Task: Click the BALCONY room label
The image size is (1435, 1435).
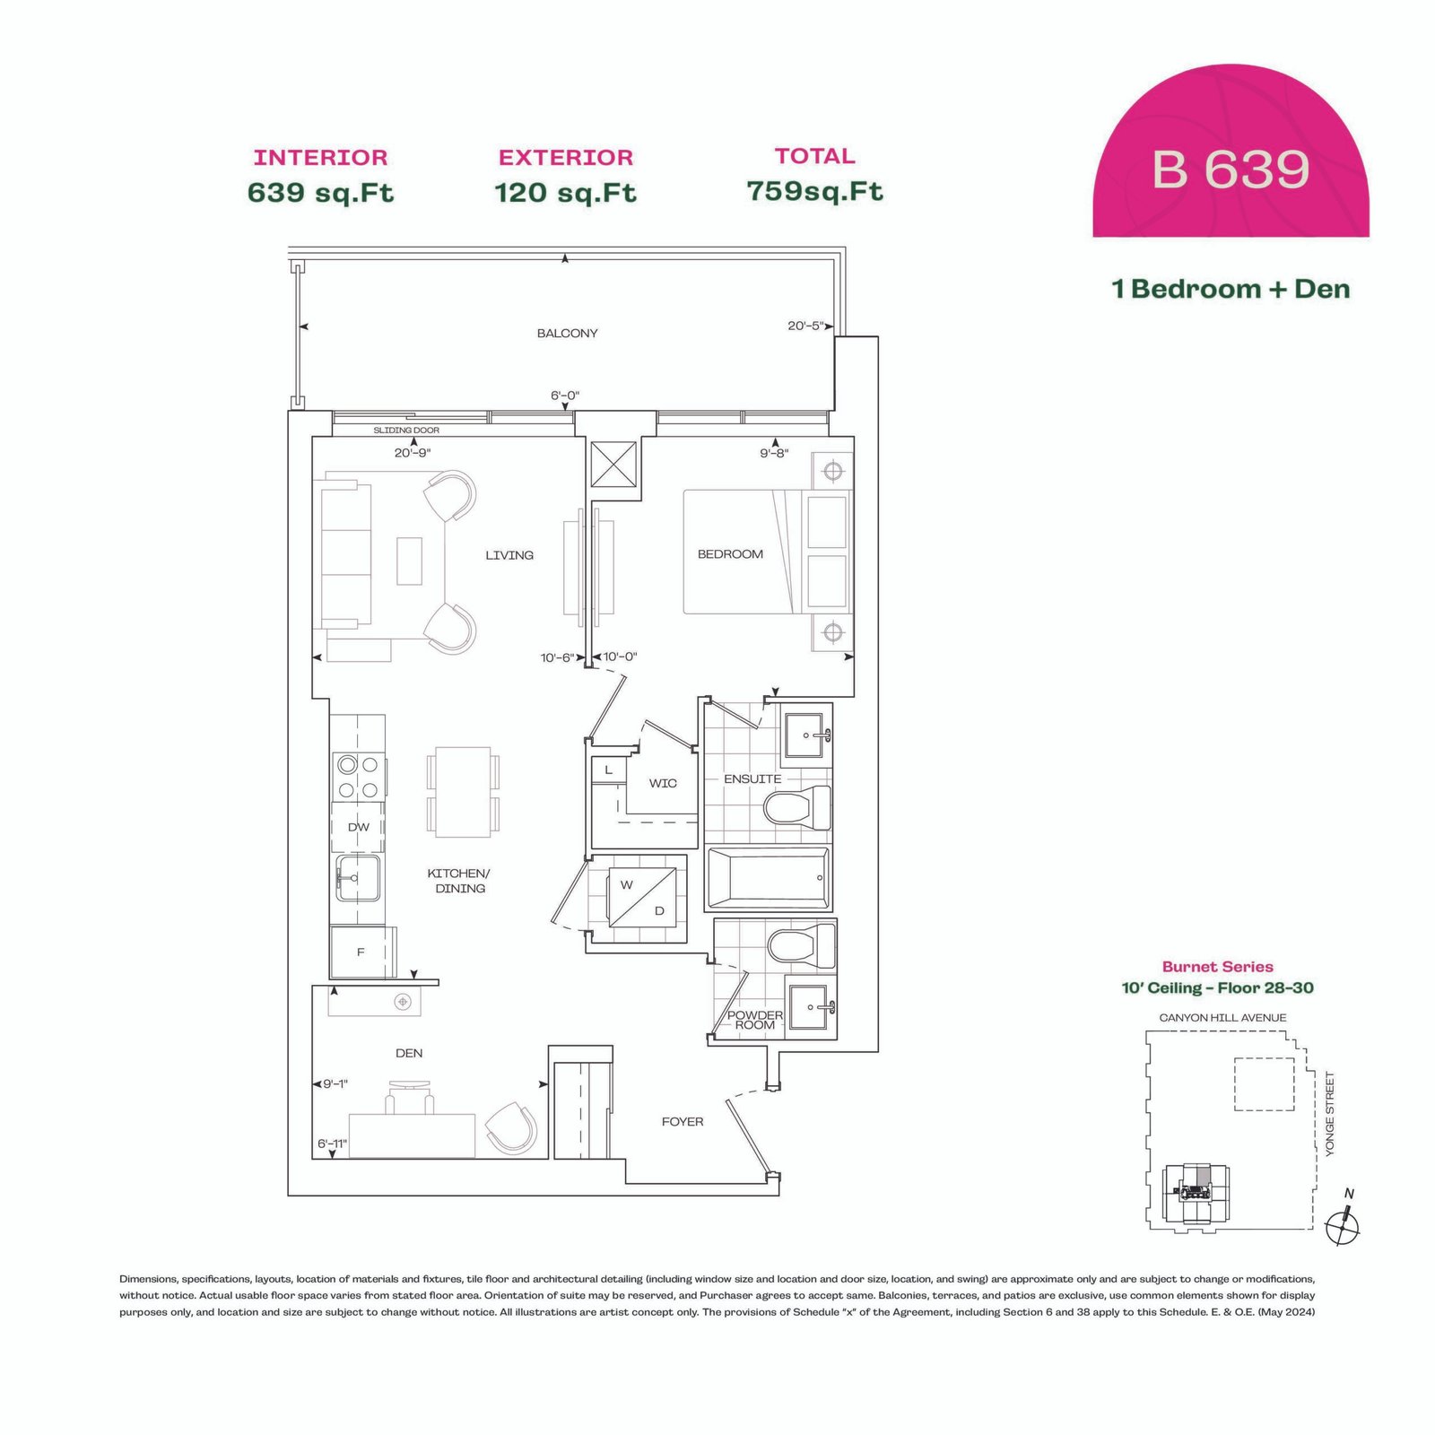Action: click(567, 334)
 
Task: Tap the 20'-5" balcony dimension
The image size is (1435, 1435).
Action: click(805, 326)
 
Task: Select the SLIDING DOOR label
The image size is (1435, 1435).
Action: click(406, 430)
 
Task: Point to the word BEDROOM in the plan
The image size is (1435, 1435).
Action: click(730, 554)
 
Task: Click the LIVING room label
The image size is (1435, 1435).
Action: click(509, 555)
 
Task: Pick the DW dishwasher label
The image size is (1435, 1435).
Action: click(359, 827)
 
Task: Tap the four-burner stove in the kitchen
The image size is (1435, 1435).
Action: click(359, 777)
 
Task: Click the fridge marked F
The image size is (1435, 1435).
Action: click(362, 952)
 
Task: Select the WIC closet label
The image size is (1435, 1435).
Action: click(663, 783)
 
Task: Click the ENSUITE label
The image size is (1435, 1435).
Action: click(752, 778)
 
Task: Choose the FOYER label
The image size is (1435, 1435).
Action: click(683, 1121)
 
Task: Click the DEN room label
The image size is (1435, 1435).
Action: click(409, 1053)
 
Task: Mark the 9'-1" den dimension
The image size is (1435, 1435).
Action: click(335, 1083)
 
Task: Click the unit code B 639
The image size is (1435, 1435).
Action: click(1231, 170)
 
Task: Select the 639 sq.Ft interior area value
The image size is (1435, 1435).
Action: click(320, 193)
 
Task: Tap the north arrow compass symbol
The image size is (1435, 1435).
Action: click(1343, 1226)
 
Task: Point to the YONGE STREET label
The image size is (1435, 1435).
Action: click(1330, 1114)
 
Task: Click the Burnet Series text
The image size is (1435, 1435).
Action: click(1217, 966)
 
